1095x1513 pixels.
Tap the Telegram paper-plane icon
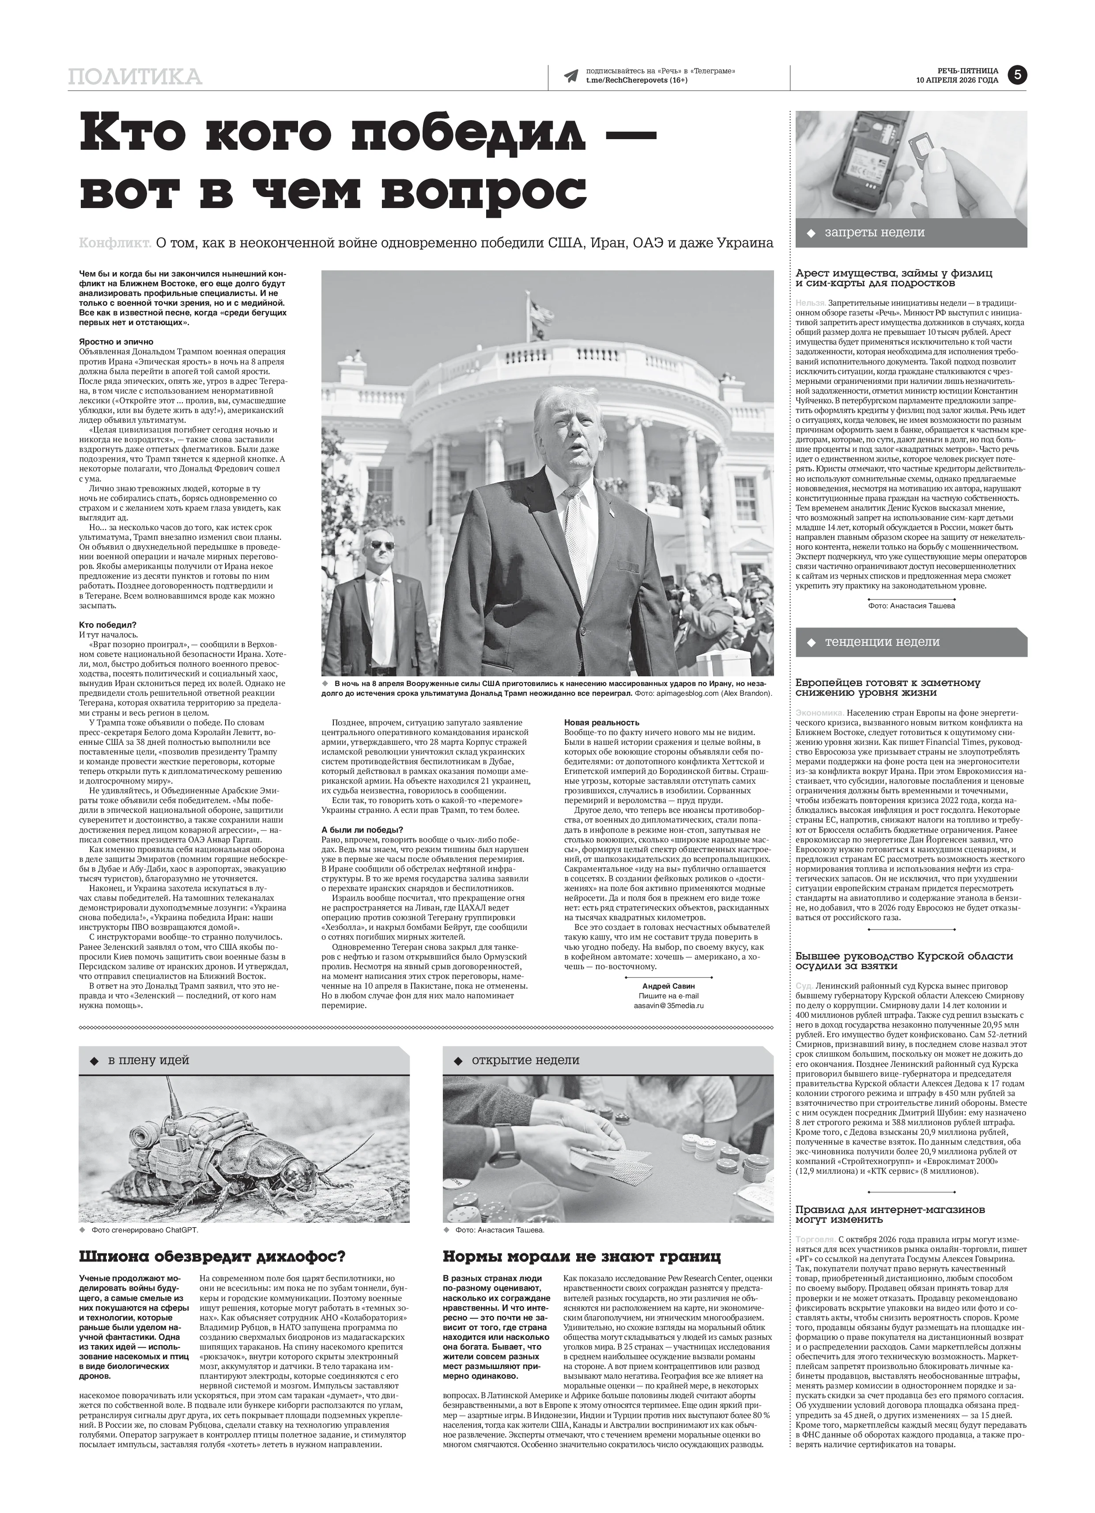(571, 76)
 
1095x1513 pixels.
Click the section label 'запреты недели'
(874, 233)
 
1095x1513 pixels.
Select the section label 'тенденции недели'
(882, 642)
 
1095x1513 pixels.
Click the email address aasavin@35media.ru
(659, 1005)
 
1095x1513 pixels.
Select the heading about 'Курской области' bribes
(904, 961)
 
